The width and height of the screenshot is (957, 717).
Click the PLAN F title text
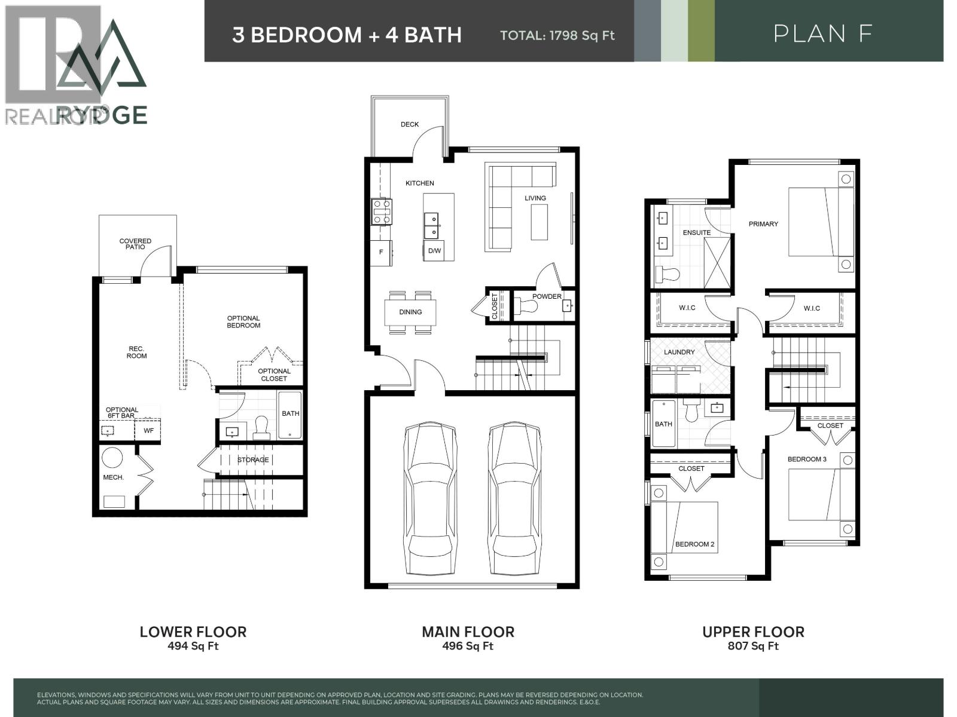click(x=824, y=33)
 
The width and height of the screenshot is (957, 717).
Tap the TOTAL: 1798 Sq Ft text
click(x=557, y=35)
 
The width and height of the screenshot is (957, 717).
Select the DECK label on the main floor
click(x=410, y=124)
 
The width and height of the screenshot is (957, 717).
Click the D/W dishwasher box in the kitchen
click(x=434, y=251)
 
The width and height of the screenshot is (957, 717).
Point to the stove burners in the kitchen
click(x=382, y=212)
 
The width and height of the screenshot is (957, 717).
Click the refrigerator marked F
click(x=381, y=253)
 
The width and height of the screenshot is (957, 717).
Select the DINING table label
click(x=410, y=312)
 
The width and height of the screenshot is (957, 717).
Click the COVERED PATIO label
click(x=136, y=244)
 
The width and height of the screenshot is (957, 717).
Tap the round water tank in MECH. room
click(x=112, y=458)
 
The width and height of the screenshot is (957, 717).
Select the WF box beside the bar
click(x=148, y=430)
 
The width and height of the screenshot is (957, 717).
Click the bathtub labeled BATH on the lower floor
click(x=291, y=415)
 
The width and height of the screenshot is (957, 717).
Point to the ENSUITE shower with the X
click(x=717, y=263)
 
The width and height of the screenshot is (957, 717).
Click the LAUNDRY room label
click(x=679, y=352)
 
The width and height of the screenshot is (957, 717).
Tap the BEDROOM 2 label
click(x=694, y=544)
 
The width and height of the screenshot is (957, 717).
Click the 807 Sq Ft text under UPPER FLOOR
click(x=753, y=646)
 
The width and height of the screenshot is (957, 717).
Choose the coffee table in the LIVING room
click(x=539, y=222)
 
